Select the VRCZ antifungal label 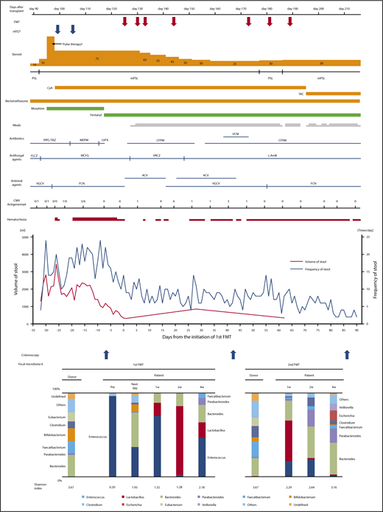tap(156, 156)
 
